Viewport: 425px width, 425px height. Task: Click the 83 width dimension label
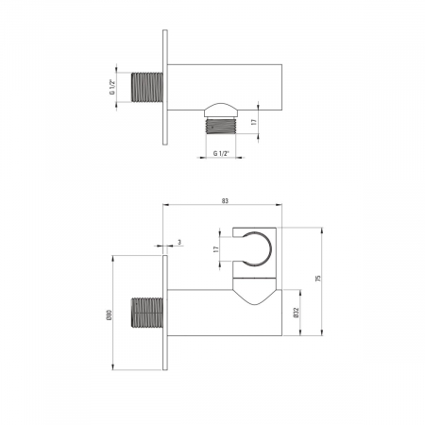click(x=225, y=201)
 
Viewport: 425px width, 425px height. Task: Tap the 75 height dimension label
click(x=318, y=278)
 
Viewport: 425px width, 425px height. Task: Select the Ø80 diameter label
click(x=109, y=314)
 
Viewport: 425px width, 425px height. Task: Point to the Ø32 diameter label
click(x=296, y=313)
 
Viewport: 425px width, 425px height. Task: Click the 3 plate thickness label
click(x=179, y=242)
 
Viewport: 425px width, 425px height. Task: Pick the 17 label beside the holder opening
click(x=215, y=249)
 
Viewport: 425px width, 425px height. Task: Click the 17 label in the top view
click(x=254, y=122)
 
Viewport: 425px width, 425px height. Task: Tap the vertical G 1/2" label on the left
click(x=112, y=87)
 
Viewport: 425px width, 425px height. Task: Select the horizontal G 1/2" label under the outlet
click(x=221, y=153)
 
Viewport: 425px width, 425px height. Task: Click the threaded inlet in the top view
click(x=147, y=87)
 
